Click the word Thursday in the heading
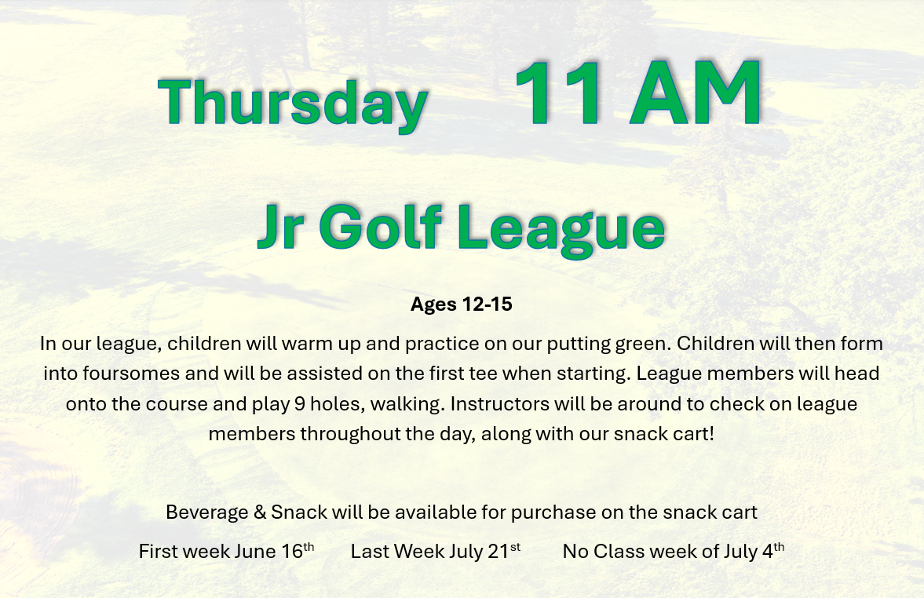293,103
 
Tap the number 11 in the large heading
559,93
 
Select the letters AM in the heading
696,93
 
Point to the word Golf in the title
380,226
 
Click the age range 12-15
488,304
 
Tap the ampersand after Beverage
260,512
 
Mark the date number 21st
505,550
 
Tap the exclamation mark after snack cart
711,434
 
